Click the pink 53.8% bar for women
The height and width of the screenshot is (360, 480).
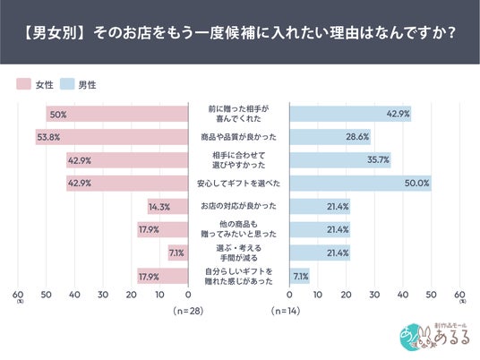click(112, 137)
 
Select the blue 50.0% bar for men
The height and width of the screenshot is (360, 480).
click(361, 183)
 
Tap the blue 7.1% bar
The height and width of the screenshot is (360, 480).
click(300, 276)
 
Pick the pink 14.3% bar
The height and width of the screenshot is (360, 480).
click(167, 206)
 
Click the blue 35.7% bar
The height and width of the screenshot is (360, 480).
click(340, 159)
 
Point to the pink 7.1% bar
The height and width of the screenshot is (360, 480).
click(178, 253)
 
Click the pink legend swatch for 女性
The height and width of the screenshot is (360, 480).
click(23, 84)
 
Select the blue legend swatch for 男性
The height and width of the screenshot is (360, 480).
click(67, 84)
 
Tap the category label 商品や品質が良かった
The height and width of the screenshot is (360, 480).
click(239, 137)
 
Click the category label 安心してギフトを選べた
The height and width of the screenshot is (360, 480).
click(239, 184)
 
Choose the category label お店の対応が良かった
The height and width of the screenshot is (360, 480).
click(239, 206)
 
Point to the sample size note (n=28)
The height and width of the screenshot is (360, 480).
click(188, 311)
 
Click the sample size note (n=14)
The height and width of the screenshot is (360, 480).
click(286, 311)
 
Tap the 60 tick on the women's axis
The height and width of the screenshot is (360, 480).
click(18, 295)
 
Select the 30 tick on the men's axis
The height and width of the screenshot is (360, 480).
click(374, 295)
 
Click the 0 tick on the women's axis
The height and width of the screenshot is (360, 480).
click(188, 295)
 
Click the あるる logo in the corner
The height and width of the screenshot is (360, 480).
click(434, 337)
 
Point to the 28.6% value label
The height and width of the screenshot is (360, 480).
click(357, 137)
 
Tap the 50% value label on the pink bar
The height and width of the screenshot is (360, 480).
click(58, 115)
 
